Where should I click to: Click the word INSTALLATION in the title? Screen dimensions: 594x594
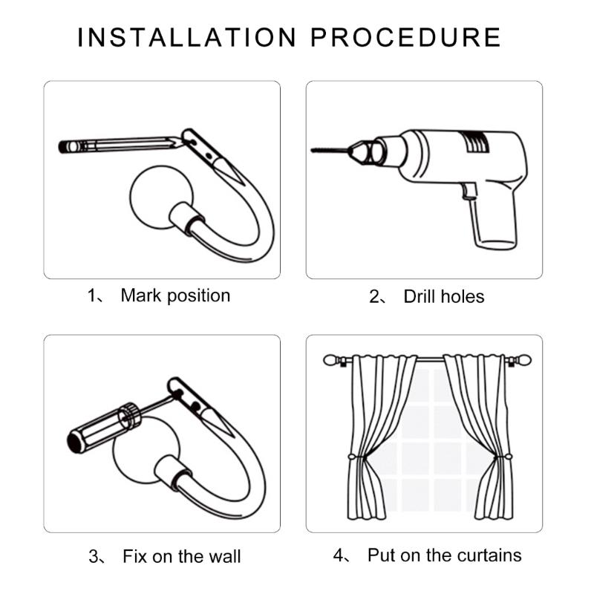coord(186,38)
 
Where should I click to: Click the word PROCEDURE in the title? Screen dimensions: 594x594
coord(405,38)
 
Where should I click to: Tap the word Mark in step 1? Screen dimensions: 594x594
coord(141,296)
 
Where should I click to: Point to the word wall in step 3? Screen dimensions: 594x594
coord(225,556)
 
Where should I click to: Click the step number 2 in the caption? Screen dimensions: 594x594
coord(374,296)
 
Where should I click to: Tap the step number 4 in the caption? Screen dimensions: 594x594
coord(339,555)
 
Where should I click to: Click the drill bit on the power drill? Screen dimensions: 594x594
coord(330,151)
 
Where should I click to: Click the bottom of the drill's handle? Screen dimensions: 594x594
coord(496,244)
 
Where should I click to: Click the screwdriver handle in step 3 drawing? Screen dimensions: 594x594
coord(103,428)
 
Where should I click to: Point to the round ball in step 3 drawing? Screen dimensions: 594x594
coord(146,450)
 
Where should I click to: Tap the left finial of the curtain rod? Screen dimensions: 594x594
coord(330,360)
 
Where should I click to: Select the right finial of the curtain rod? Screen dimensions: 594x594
coord(524,360)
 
